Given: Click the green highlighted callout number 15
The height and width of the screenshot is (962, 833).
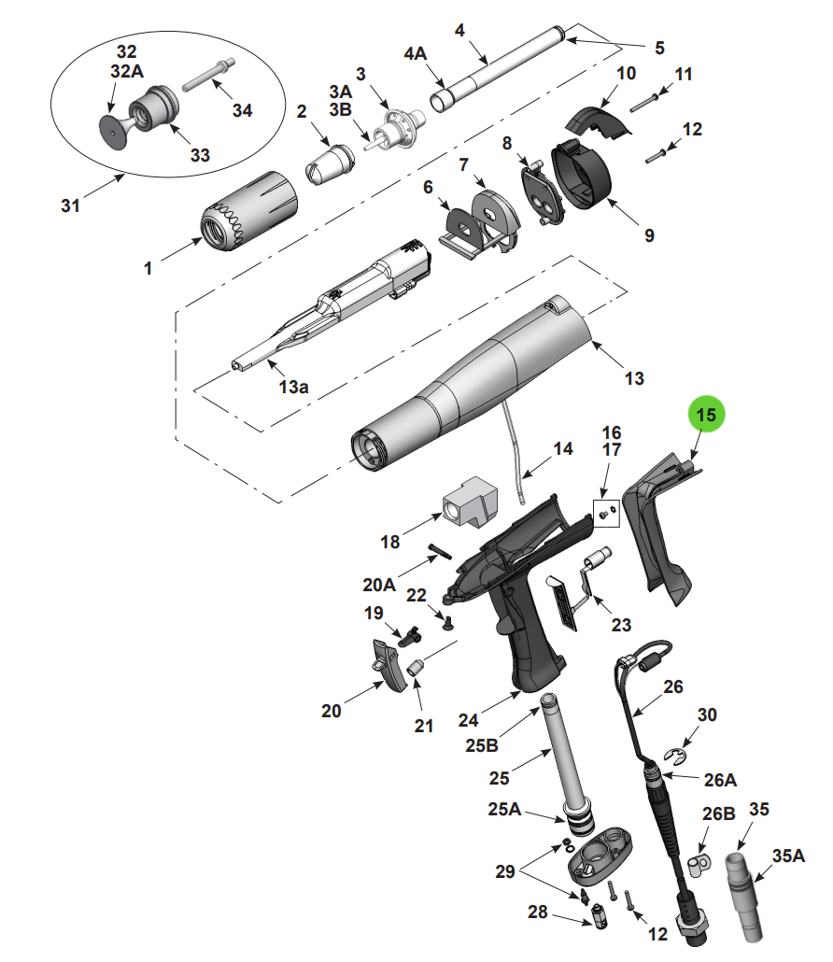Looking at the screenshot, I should (x=707, y=414).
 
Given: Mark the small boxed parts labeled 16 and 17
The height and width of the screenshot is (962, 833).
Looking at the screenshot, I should (x=607, y=512).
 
